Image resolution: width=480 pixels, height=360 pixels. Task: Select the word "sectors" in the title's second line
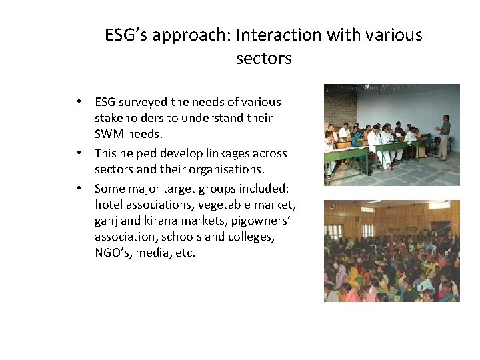(x=263, y=59)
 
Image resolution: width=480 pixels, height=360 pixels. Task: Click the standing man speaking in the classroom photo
(x=443, y=136)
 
